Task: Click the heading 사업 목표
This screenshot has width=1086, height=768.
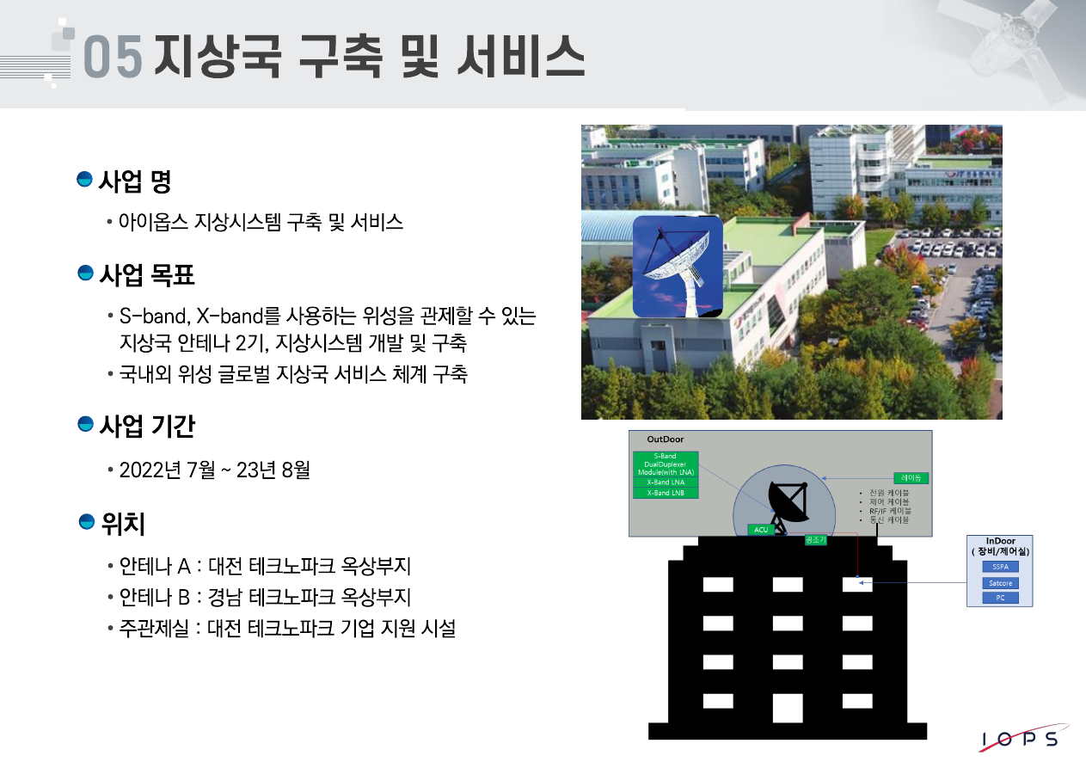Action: [x=147, y=275]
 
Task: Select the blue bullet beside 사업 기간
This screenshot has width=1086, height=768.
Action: [x=85, y=424]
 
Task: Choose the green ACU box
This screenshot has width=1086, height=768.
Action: [x=760, y=530]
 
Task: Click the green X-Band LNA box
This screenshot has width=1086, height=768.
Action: [x=666, y=482]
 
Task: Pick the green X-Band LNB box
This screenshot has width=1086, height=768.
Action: [x=666, y=493]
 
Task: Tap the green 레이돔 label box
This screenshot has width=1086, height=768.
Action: [x=911, y=477]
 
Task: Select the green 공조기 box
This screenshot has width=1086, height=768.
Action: [x=815, y=540]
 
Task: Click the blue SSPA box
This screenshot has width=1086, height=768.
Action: [x=1000, y=567]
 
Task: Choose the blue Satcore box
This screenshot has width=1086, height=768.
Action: [x=1000, y=583]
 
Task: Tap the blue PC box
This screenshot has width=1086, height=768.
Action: [x=1000, y=598]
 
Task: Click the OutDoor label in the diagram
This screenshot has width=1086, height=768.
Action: [x=666, y=439]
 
